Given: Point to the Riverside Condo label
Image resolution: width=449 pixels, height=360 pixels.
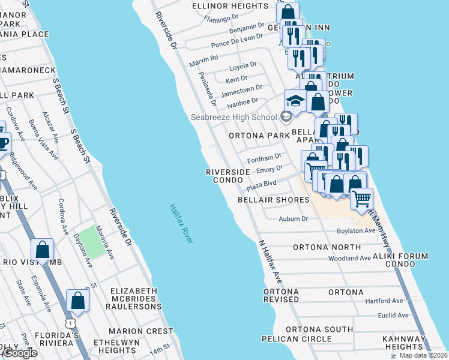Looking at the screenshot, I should (x=228, y=176).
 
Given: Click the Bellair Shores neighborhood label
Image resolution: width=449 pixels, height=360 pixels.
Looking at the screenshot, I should (x=273, y=200).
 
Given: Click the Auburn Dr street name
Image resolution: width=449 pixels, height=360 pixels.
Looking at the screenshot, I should (x=293, y=219).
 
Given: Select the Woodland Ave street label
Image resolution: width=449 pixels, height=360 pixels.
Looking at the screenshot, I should (x=349, y=259).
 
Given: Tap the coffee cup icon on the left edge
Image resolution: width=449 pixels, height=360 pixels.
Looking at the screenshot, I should (x=2, y=143).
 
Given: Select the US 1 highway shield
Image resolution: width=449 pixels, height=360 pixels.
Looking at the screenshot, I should (x=72, y=323).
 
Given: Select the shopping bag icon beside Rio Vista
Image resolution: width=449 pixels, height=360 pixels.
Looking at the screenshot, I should (x=43, y=250).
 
